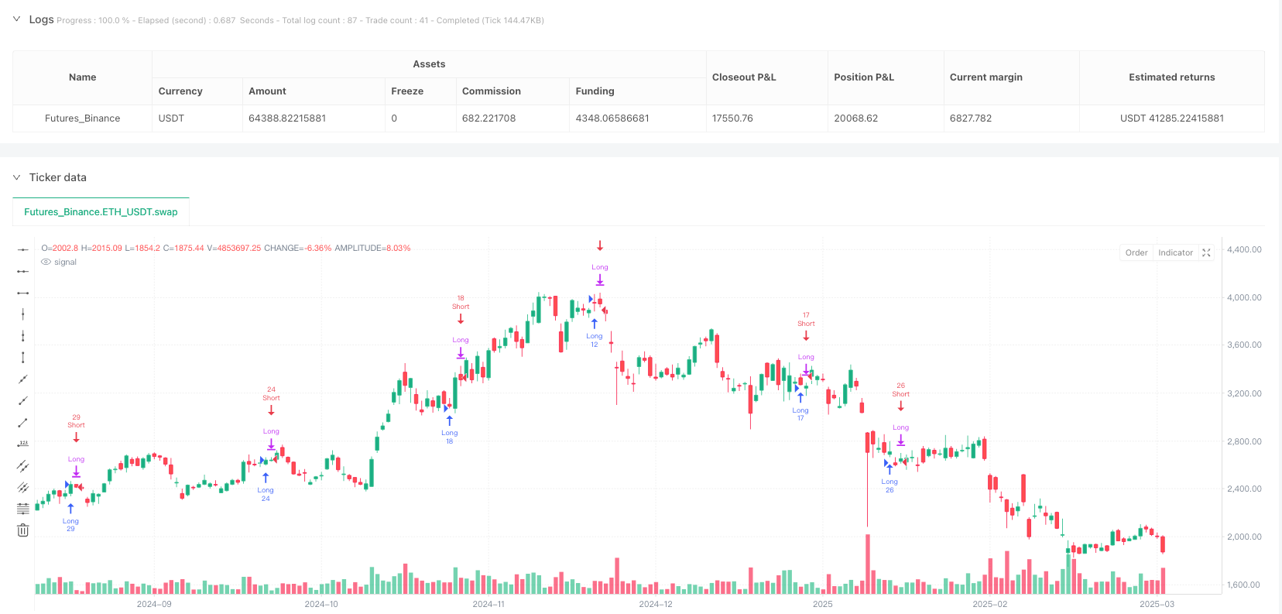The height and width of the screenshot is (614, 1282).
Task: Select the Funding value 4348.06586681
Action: pyautogui.click(x=612, y=118)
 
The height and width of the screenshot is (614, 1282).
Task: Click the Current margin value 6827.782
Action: pyautogui.click(x=970, y=118)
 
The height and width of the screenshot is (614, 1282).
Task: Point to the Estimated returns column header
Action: pyautogui.click(x=1171, y=77)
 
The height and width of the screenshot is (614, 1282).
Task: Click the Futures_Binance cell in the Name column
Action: pyautogui.click(x=82, y=118)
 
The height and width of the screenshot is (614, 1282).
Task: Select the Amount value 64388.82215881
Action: pyautogui.click(x=286, y=118)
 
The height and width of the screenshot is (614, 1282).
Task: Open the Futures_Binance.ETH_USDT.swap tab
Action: pyautogui.click(x=101, y=212)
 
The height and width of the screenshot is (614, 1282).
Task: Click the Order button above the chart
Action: pyautogui.click(x=1136, y=252)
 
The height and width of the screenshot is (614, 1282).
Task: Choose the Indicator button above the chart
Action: pyautogui.click(x=1175, y=252)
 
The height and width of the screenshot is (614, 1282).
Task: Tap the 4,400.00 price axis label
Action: pyautogui.click(x=1244, y=249)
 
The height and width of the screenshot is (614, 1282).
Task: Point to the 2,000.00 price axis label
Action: pyautogui.click(x=1244, y=537)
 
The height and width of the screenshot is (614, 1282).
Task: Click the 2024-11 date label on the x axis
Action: pyautogui.click(x=488, y=604)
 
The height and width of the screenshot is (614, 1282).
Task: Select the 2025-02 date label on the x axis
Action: pyautogui.click(x=989, y=604)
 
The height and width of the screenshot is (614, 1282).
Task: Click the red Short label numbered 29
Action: pyautogui.click(x=76, y=421)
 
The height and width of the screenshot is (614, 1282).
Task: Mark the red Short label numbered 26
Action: pyautogui.click(x=900, y=389)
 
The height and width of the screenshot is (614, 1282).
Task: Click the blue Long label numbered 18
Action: pyautogui.click(x=450, y=437)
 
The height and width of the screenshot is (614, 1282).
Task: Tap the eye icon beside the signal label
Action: pyautogui.click(x=46, y=262)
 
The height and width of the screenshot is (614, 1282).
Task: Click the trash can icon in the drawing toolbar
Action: pyautogui.click(x=23, y=530)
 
